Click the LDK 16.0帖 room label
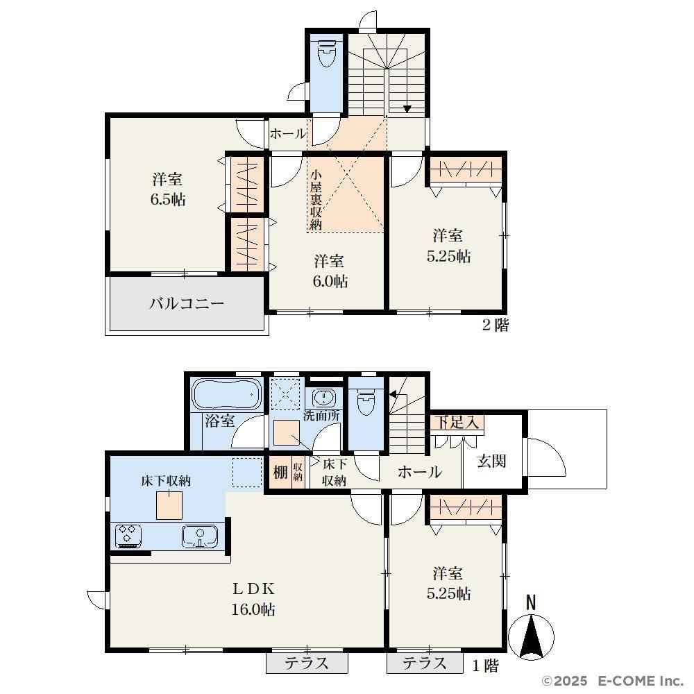click(253, 600)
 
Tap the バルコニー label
click(187, 304)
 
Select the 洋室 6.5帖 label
click(168, 189)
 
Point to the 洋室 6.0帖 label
click(330, 271)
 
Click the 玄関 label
click(492, 462)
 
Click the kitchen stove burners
click(128, 534)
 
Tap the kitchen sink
click(200, 536)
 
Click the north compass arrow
click(531, 636)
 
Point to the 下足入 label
click(457, 422)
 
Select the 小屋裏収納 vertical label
click(315, 200)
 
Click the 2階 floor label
click(496, 325)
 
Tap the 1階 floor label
click(486, 666)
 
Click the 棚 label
click(280, 472)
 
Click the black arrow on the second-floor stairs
click(407, 109)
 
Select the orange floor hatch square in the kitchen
click(169, 505)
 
